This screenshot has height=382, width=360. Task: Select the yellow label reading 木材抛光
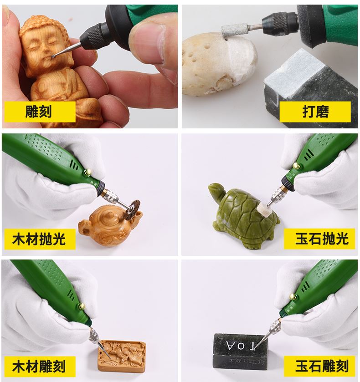(x=39, y=239)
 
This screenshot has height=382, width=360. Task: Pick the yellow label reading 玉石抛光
(x=321, y=239)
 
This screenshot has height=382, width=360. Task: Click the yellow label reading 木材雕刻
(x=39, y=366)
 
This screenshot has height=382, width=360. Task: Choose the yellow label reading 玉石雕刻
(x=321, y=366)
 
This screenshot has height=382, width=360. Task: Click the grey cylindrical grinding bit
(x=235, y=31)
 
